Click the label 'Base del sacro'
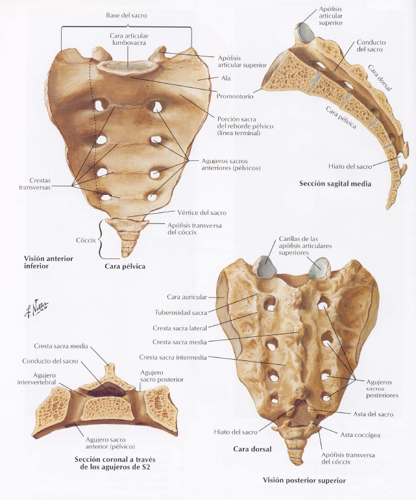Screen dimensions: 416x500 [127, 14]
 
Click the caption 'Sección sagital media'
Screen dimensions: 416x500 [335, 184]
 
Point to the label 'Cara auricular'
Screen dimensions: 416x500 [187, 297]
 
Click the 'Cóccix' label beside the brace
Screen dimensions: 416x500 [86, 239]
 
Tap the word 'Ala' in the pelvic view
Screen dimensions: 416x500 [226, 77]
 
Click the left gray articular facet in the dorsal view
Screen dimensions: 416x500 [264, 266]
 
